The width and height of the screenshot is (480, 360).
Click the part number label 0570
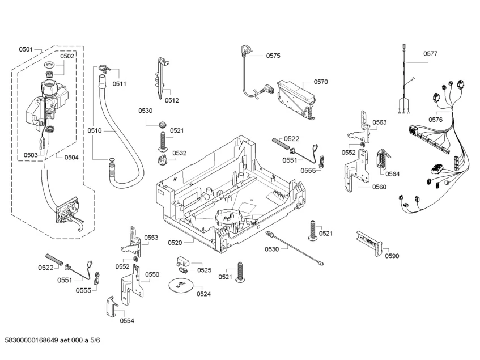pos(321,82)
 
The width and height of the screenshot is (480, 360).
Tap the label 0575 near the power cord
pos(273,56)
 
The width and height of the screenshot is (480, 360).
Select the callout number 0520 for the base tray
pos(175,243)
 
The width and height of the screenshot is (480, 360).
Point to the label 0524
pos(203,294)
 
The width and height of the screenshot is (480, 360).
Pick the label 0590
pos(392,256)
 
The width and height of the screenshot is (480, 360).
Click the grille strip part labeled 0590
pos(369,244)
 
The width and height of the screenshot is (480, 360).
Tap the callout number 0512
pos(172,100)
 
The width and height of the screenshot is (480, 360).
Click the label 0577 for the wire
pos(430,53)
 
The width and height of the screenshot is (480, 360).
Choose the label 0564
pos(393,174)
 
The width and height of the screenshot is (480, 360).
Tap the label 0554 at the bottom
pos(127,320)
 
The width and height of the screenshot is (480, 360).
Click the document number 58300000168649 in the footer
pos(31,340)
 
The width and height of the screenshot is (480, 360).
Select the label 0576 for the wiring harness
pos(435,120)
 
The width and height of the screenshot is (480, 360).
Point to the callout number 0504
pos(71,158)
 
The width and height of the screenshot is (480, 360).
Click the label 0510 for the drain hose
pos(94,131)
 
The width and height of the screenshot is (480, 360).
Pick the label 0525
pos(204,270)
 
